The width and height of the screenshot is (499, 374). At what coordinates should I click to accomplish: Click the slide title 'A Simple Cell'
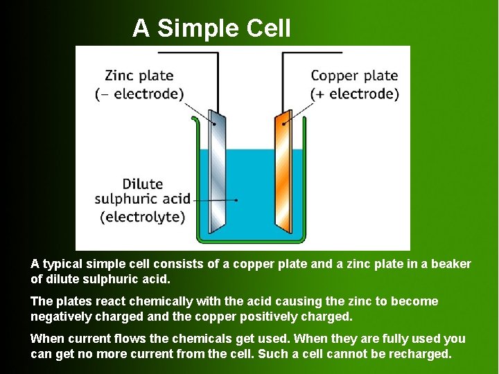point(211,28)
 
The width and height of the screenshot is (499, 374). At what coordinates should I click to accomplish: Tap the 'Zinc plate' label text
point(139,75)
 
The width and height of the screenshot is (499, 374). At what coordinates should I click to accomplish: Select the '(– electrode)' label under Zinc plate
point(139,93)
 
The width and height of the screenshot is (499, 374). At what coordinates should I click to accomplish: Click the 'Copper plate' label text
point(354,75)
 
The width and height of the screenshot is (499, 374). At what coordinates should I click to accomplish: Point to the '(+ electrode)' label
point(355,93)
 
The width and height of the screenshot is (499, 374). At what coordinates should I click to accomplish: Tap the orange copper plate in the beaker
point(284,173)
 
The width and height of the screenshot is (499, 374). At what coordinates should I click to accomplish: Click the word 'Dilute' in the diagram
point(143,184)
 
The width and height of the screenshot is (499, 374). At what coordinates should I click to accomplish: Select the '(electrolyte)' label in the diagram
point(143,217)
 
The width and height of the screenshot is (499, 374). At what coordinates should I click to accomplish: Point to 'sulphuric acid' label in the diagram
point(143,200)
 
